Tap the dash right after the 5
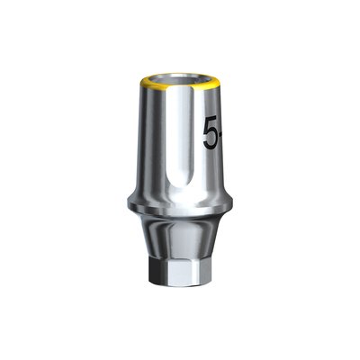tap(222, 137)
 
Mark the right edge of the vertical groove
tap(195, 144)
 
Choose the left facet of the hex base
tap(157, 274)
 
